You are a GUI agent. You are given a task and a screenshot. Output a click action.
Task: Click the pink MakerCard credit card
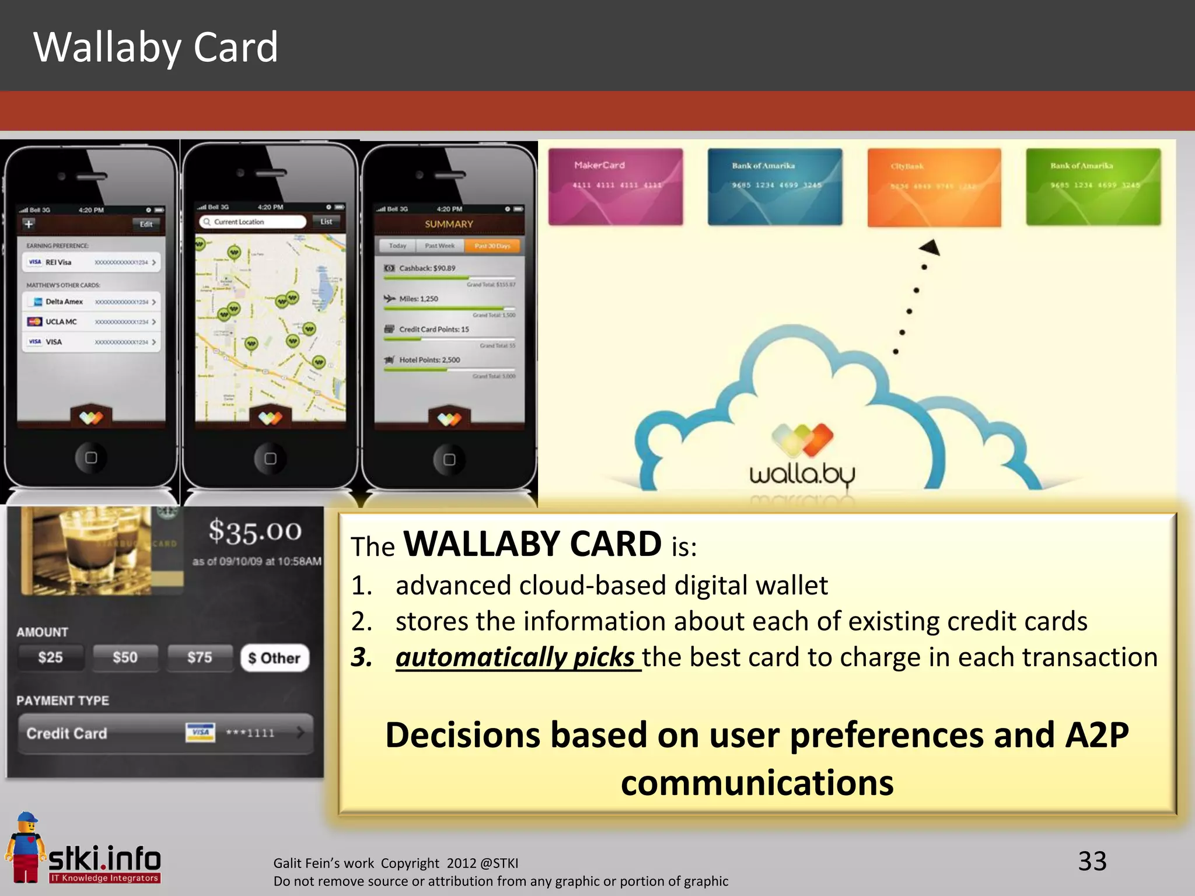pyautogui.click(x=616, y=187)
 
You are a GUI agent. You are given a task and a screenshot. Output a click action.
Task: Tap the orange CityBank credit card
pyautogui.click(x=934, y=187)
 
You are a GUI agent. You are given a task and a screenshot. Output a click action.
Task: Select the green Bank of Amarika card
pyautogui.click(x=1093, y=187)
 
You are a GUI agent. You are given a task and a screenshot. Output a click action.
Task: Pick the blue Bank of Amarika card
pyautogui.click(x=775, y=187)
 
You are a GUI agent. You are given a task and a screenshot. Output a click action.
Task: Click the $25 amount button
pyautogui.click(x=51, y=657)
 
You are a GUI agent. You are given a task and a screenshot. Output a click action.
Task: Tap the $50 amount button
pyautogui.click(x=125, y=657)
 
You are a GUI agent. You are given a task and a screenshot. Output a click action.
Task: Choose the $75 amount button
pyautogui.click(x=200, y=657)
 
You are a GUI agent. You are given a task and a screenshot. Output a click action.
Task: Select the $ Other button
pyautogui.click(x=274, y=658)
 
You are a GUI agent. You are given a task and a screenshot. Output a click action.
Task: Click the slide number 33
pyautogui.click(x=1092, y=861)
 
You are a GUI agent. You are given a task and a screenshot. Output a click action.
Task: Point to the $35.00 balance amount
pyautogui.click(x=255, y=531)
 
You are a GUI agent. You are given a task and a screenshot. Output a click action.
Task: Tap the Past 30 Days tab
pyautogui.click(x=492, y=246)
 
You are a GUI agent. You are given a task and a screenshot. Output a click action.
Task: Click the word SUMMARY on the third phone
pyautogui.click(x=449, y=224)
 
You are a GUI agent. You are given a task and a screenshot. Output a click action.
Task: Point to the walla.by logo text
pyautogui.click(x=802, y=475)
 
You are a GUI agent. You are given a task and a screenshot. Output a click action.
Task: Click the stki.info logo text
pyautogui.click(x=104, y=859)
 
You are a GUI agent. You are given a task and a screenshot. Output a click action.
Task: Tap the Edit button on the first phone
pyautogui.click(x=146, y=224)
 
